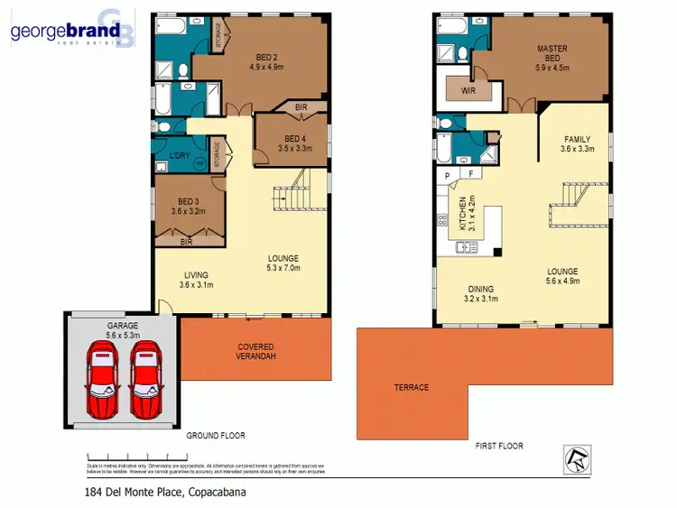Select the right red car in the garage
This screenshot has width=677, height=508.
point(145,379)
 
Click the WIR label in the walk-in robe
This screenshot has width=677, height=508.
point(468,91)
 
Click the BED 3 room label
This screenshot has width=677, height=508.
point(187,206)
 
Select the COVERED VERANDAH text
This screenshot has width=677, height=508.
point(255,352)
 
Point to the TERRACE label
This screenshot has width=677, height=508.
point(411,387)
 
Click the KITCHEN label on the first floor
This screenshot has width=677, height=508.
point(463,214)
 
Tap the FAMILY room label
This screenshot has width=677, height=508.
point(577,143)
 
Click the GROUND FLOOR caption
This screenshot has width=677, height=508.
point(216,436)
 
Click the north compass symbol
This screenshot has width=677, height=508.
point(576,459)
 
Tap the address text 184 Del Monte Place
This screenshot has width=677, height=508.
point(158,492)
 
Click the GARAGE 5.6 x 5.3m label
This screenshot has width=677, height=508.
point(125,329)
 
